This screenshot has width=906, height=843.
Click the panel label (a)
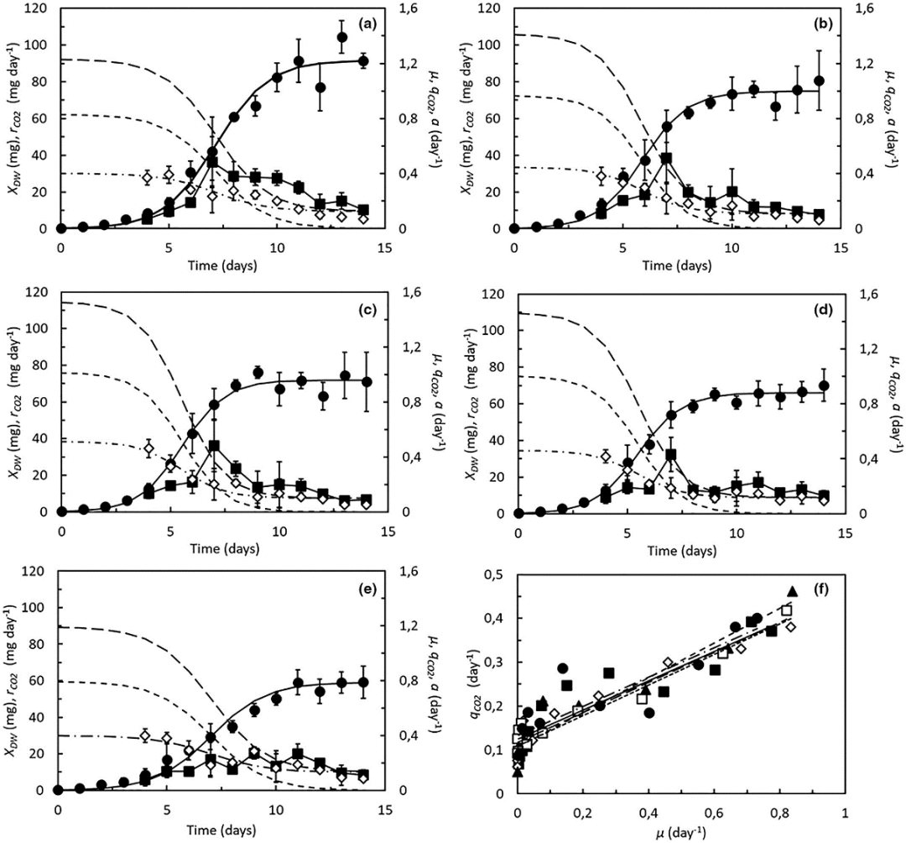[366, 24]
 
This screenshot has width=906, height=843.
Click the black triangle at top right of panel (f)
[791, 591]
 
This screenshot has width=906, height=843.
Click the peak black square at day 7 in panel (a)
[213, 161]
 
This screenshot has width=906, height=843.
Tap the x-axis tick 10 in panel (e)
[277, 809]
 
